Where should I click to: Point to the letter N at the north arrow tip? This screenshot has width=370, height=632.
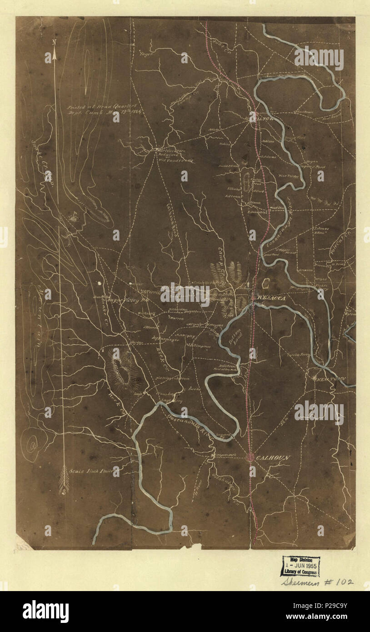point(54,42)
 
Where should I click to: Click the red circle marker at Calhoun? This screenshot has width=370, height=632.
point(250,457)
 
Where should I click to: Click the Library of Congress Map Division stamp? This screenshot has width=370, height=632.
point(300,566)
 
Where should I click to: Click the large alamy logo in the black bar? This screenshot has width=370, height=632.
point(45,612)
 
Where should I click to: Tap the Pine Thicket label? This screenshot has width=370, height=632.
point(287,175)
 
